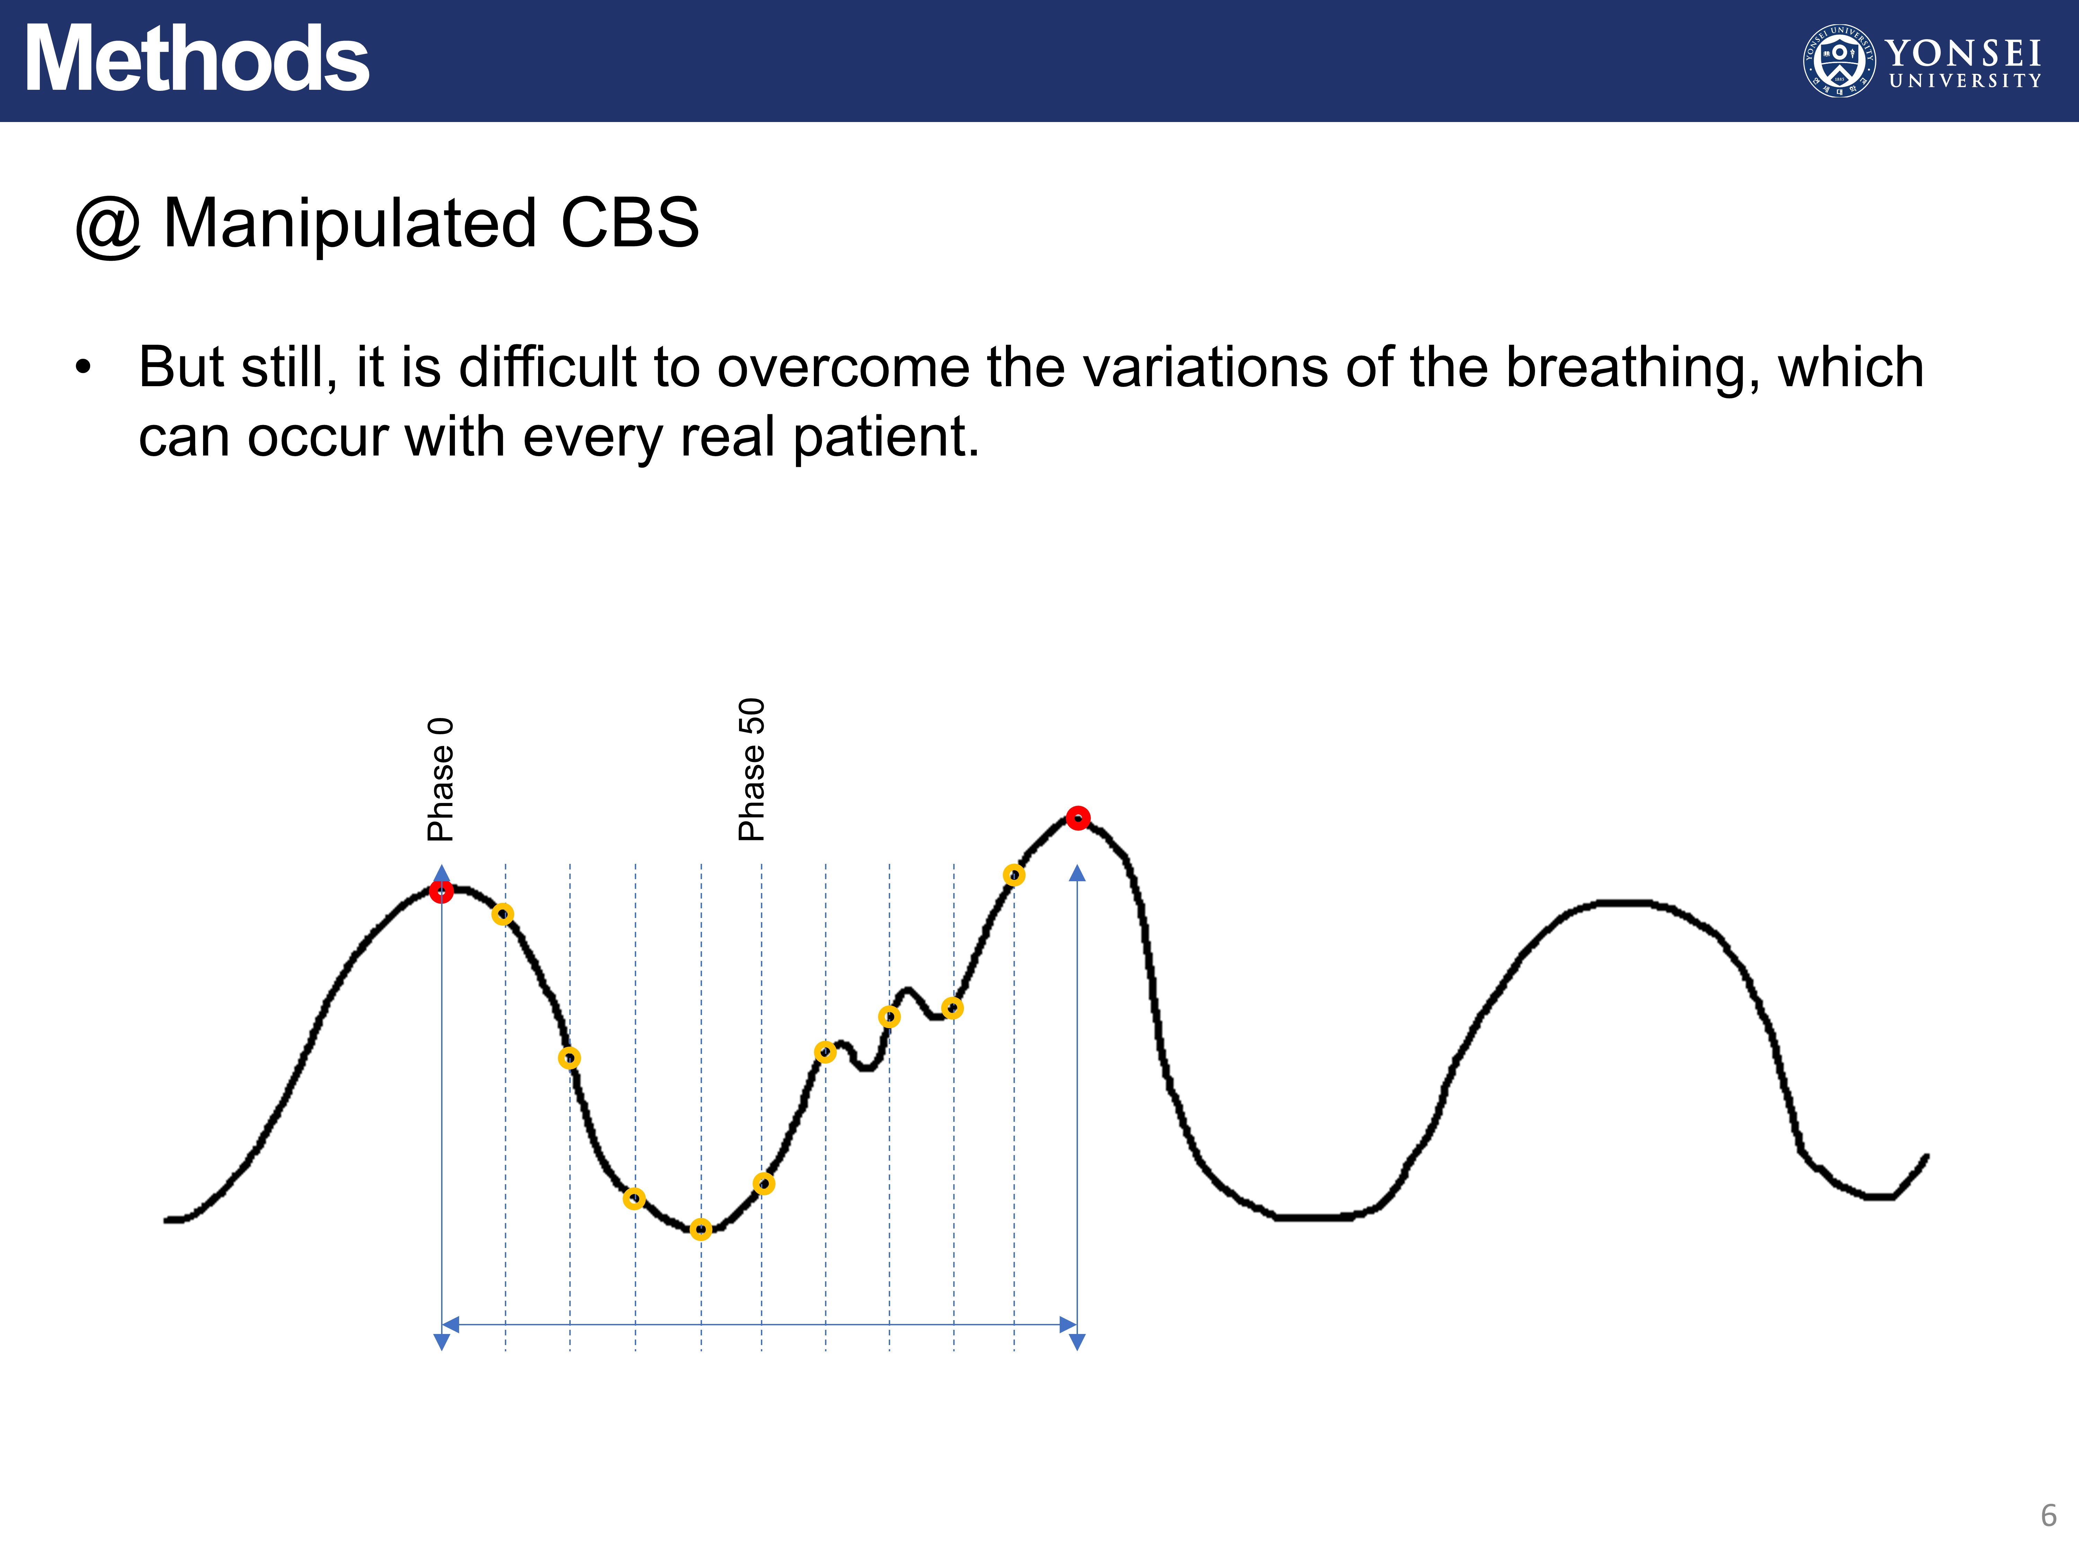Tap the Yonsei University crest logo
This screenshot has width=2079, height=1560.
click(x=1839, y=60)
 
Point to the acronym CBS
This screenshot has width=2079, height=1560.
click(x=630, y=224)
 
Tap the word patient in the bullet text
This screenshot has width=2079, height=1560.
click(x=885, y=438)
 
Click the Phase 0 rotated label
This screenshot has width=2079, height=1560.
click(x=440, y=780)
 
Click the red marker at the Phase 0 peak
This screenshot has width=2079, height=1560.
click(x=441, y=891)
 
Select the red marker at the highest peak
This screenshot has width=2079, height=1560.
click(x=1078, y=818)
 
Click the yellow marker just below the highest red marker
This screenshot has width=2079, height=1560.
click(x=1013, y=875)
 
